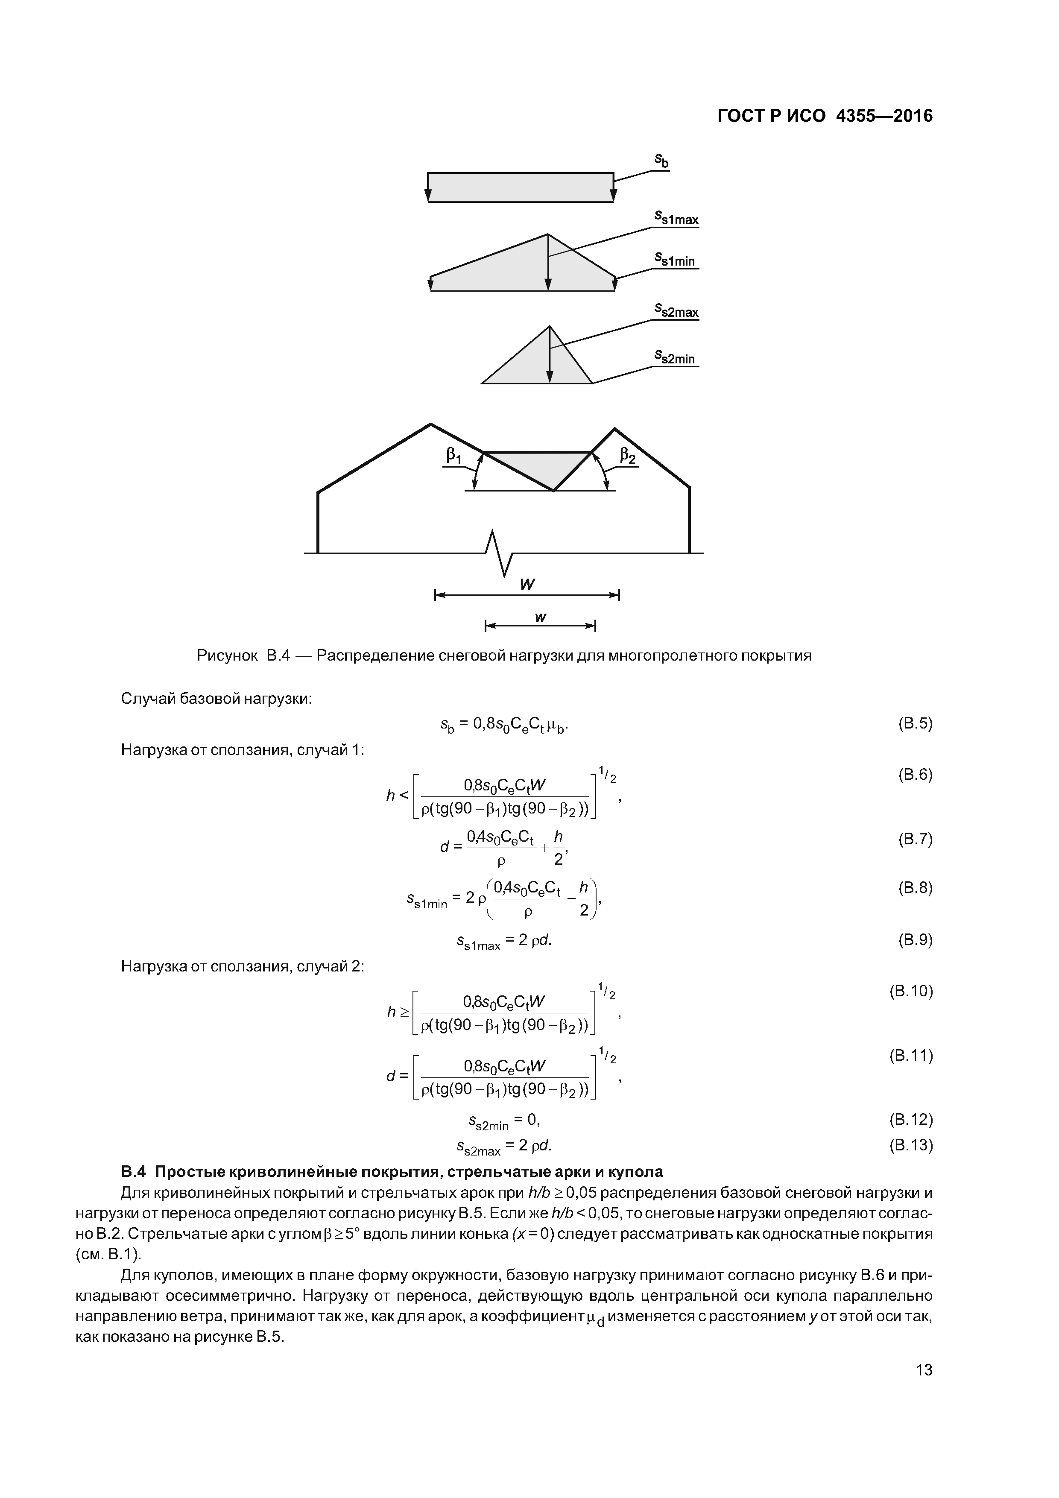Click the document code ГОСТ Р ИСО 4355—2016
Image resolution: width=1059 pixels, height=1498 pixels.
tap(825, 116)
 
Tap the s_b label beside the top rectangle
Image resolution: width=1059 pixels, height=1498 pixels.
tap(661, 161)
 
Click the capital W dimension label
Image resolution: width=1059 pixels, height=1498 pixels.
tap(527, 585)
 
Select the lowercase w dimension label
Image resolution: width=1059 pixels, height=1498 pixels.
tap(540, 617)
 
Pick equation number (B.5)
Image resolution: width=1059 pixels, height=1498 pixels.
tap(916, 723)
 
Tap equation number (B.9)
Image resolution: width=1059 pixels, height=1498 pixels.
tap(916, 940)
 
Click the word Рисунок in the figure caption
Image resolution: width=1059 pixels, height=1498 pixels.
tap(228, 656)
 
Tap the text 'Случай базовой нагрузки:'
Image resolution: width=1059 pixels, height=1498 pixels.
tap(217, 699)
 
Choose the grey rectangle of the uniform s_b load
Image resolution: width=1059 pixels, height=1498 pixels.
tap(520, 187)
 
